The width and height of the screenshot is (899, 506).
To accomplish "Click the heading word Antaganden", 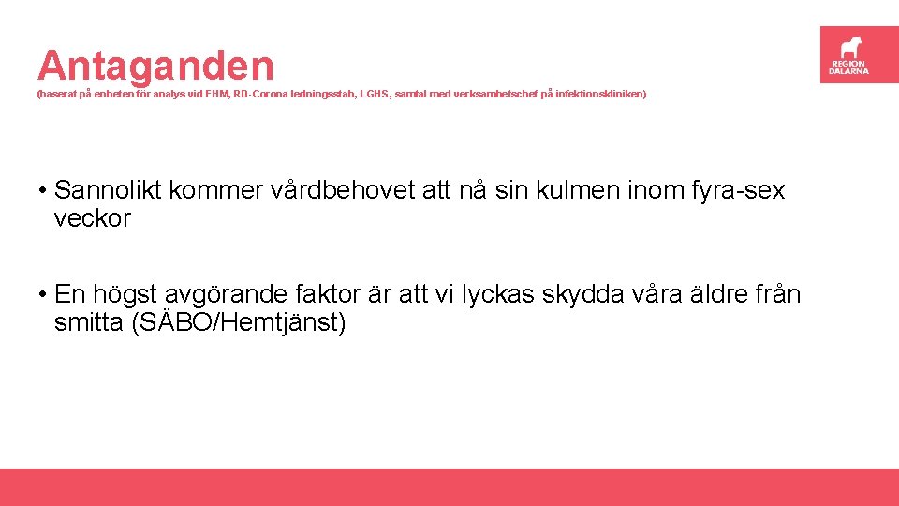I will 156,66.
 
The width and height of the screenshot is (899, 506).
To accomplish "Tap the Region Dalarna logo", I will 849,54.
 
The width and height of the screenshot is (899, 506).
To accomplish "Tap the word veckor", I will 93,219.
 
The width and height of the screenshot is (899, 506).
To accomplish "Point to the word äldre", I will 712,295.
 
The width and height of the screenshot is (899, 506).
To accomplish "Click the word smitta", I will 90,324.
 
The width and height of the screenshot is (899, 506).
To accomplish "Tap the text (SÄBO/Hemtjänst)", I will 240,324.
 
